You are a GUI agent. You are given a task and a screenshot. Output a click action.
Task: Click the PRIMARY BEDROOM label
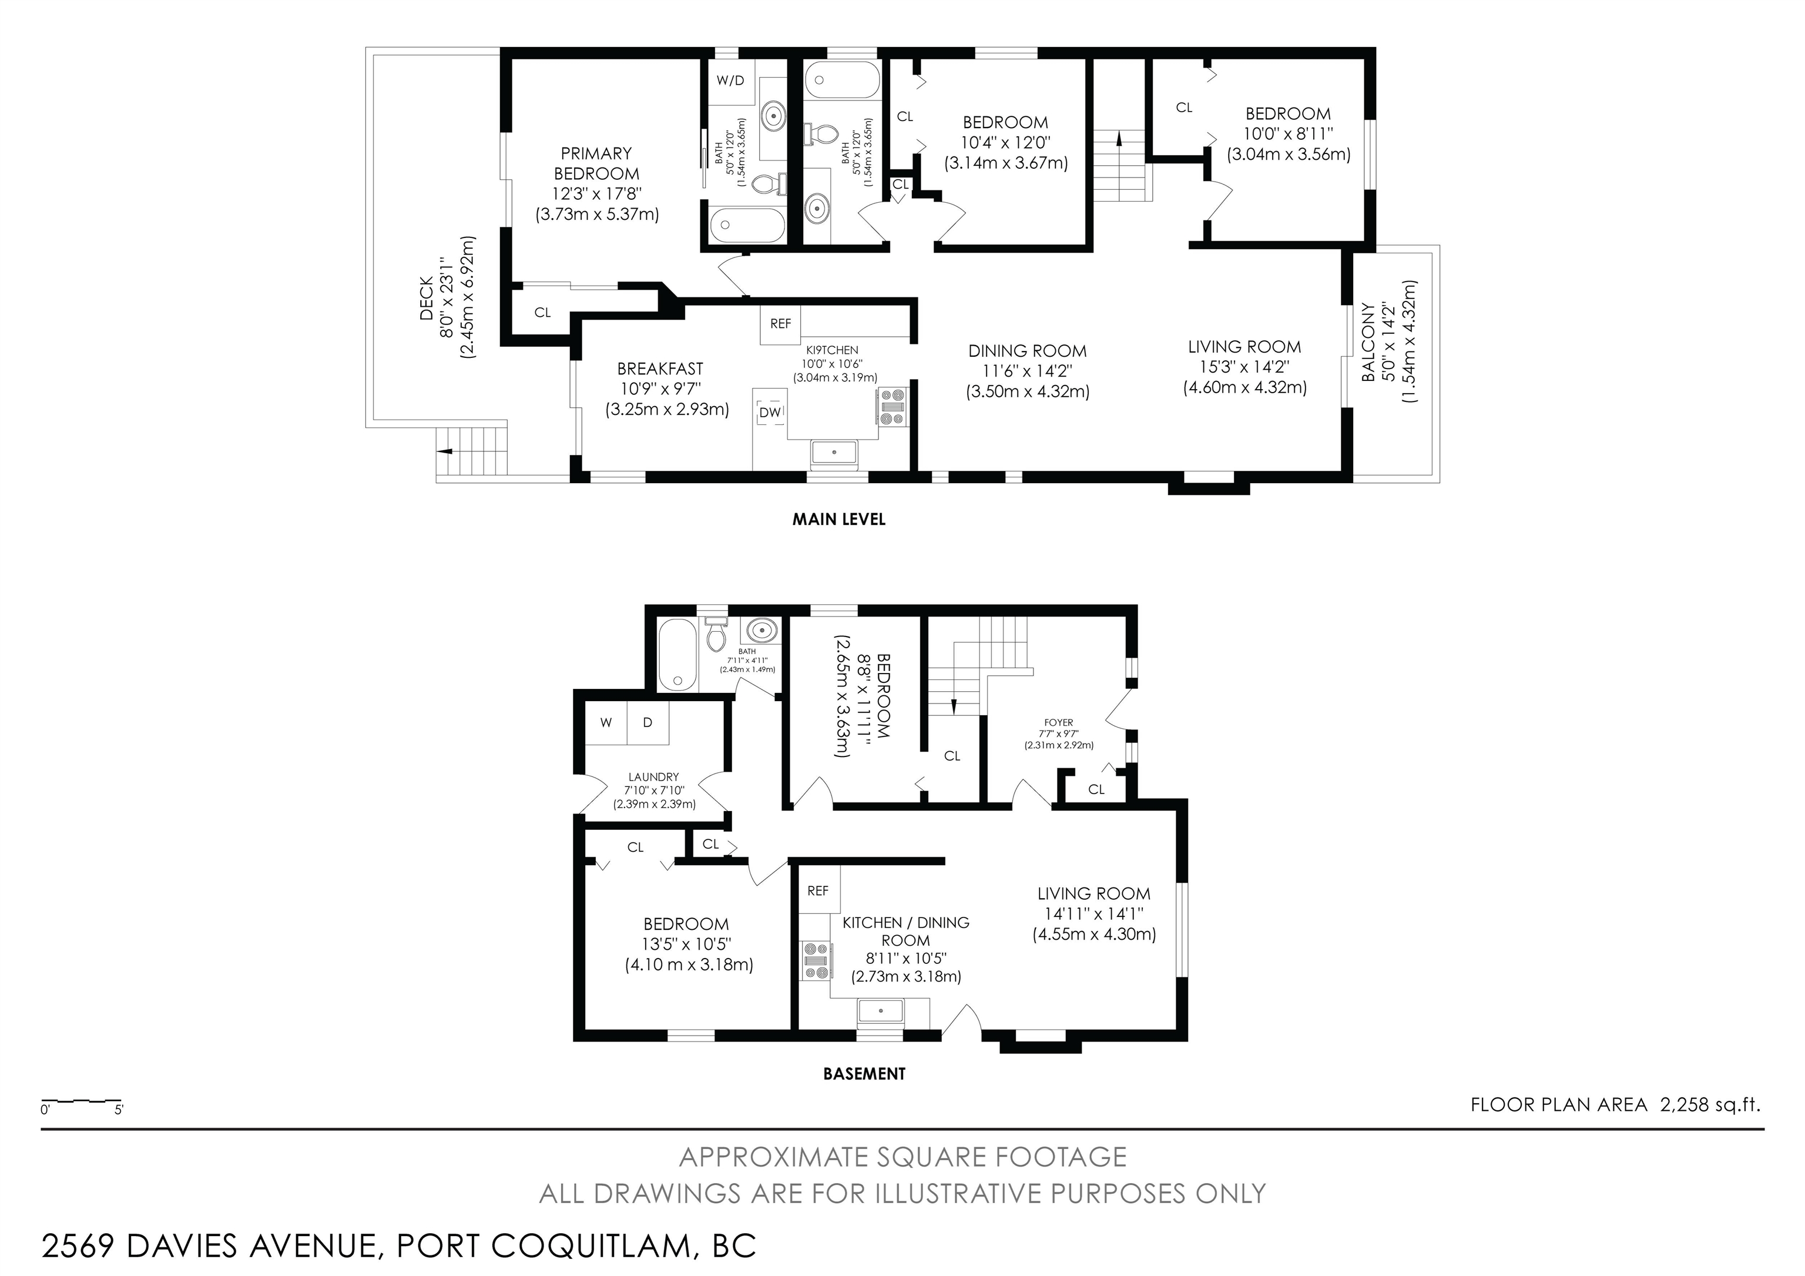click(x=597, y=163)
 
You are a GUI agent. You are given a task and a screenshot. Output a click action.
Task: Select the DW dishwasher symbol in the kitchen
click(x=770, y=412)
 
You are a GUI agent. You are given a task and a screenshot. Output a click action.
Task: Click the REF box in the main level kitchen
click(x=781, y=324)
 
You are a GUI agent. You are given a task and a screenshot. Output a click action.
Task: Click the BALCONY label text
click(x=1368, y=342)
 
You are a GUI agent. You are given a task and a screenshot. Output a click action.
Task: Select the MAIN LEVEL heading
click(x=839, y=520)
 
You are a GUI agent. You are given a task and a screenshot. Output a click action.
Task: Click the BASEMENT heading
click(x=864, y=1074)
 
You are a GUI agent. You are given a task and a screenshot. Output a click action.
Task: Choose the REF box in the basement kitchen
click(x=818, y=891)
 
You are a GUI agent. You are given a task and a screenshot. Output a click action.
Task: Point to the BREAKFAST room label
click(x=660, y=369)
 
